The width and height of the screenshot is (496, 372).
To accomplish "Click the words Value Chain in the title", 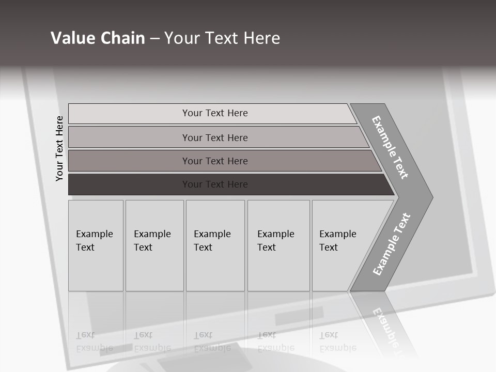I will [98, 38].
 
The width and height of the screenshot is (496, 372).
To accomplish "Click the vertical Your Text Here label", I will [59, 148].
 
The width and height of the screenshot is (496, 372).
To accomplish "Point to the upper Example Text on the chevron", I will [390, 147].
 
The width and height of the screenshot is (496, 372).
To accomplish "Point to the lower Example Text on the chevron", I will [392, 244].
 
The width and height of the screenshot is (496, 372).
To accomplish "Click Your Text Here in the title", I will [222, 38].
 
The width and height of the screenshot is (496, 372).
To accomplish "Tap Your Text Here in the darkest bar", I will [215, 184].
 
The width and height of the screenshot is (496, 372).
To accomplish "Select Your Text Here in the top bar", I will [215, 113].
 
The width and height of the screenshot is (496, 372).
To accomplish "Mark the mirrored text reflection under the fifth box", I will [338, 342].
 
